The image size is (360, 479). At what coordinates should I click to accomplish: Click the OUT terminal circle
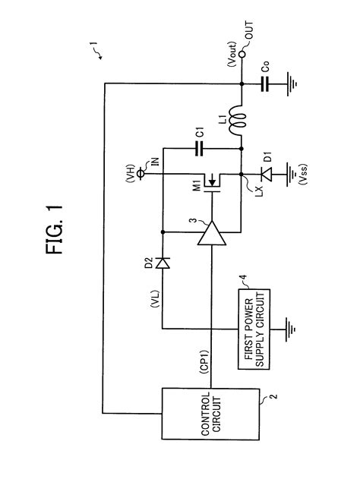coord(239,55)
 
